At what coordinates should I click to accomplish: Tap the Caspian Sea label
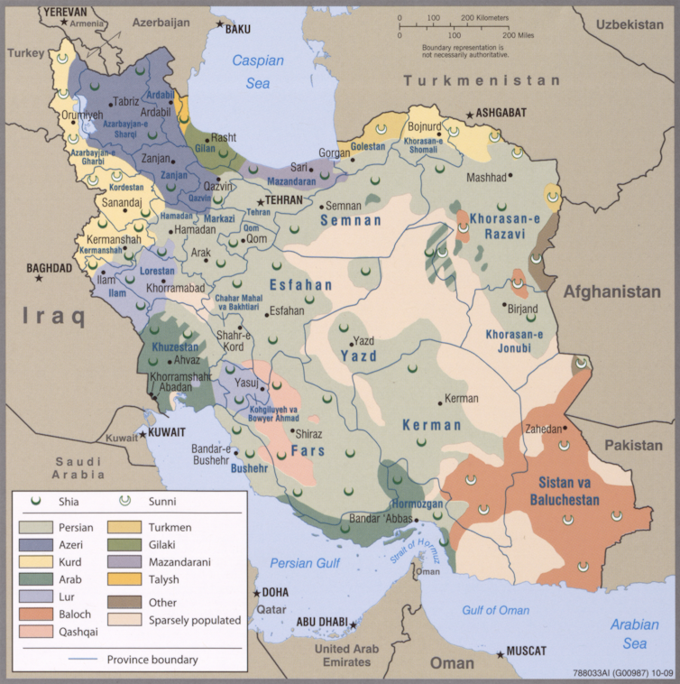click(x=257, y=71)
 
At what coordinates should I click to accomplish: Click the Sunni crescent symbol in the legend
click(x=124, y=501)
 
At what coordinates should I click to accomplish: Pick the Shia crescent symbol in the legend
click(x=37, y=501)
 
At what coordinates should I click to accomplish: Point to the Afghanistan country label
click(x=612, y=291)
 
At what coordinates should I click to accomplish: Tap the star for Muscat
click(x=501, y=653)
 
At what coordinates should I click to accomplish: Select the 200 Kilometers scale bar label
click(x=485, y=17)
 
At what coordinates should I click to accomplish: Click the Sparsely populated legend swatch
click(x=124, y=620)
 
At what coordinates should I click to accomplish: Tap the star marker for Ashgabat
click(x=469, y=115)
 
